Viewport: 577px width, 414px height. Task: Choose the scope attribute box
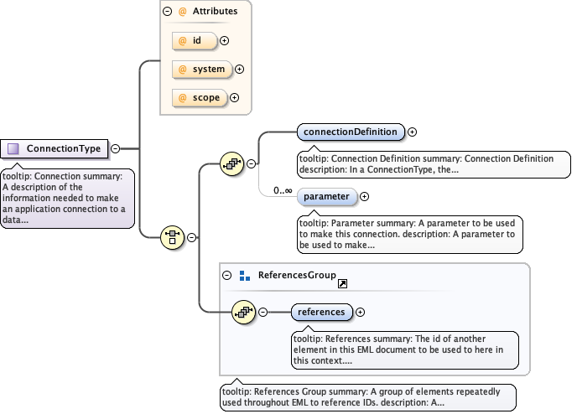[197, 97]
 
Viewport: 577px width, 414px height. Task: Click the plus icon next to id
[225, 40]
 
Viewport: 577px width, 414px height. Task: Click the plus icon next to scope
[235, 98]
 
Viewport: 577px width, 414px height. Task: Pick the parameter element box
[327, 196]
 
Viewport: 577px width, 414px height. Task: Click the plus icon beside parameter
[364, 196]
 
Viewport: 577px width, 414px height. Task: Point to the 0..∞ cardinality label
[283, 191]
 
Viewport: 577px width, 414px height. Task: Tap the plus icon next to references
[361, 312]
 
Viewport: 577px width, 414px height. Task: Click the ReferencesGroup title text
[297, 275]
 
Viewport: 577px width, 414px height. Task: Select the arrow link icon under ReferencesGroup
[342, 284]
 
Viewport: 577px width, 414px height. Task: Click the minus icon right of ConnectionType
[116, 149]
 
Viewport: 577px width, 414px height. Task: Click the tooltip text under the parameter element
[409, 235]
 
